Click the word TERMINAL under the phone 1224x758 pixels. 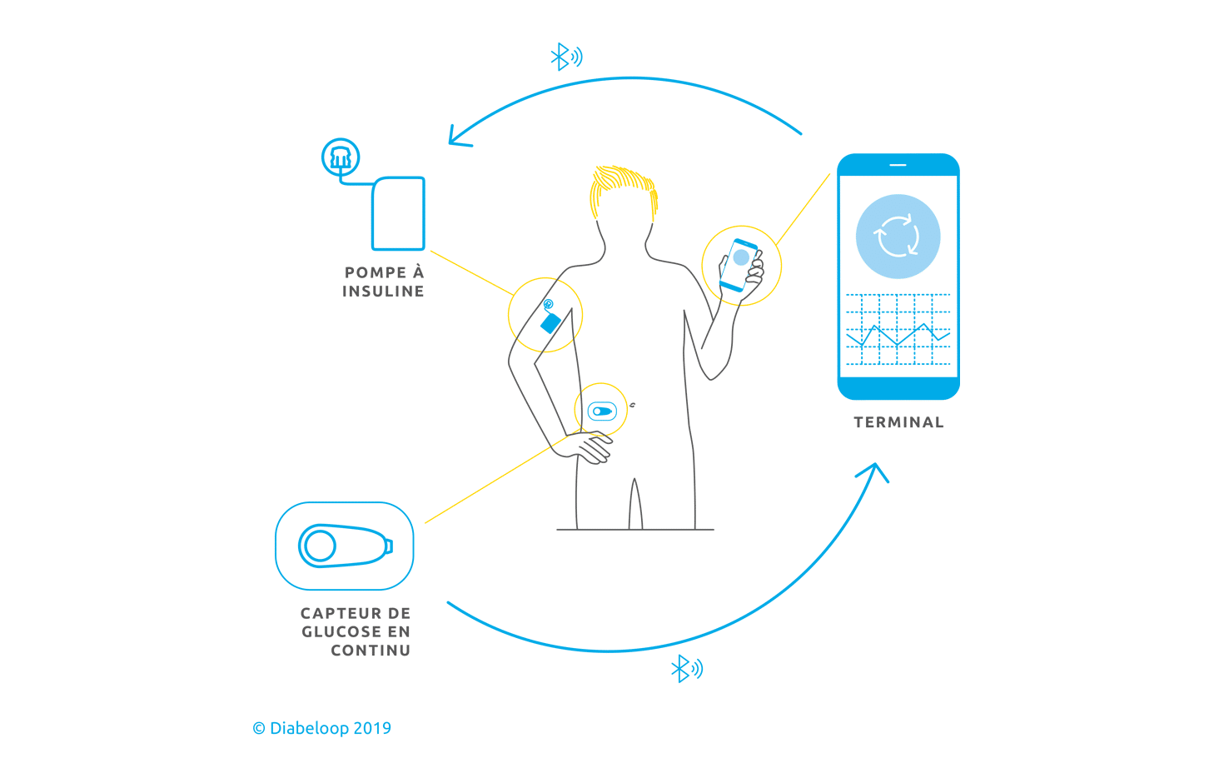(x=898, y=422)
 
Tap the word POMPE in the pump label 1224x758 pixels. (x=376, y=273)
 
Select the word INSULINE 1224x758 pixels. (x=383, y=292)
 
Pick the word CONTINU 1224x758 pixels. (x=371, y=651)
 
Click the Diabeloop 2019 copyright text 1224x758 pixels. (x=322, y=728)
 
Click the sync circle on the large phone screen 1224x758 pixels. (x=898, y=237)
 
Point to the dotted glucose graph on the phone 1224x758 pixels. (x=898, y=330)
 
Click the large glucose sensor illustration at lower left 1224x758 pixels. (x=344, y=546)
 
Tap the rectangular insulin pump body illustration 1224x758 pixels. (x=398, y=213)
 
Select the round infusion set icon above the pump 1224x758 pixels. (x=341, y=157)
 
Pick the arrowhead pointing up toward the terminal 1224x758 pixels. (x=874, y=471)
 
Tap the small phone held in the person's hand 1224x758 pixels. (x=739, y=265)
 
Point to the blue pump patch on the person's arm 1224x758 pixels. (x=550, y=322)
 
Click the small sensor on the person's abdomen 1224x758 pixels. (x=602, y=411)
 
